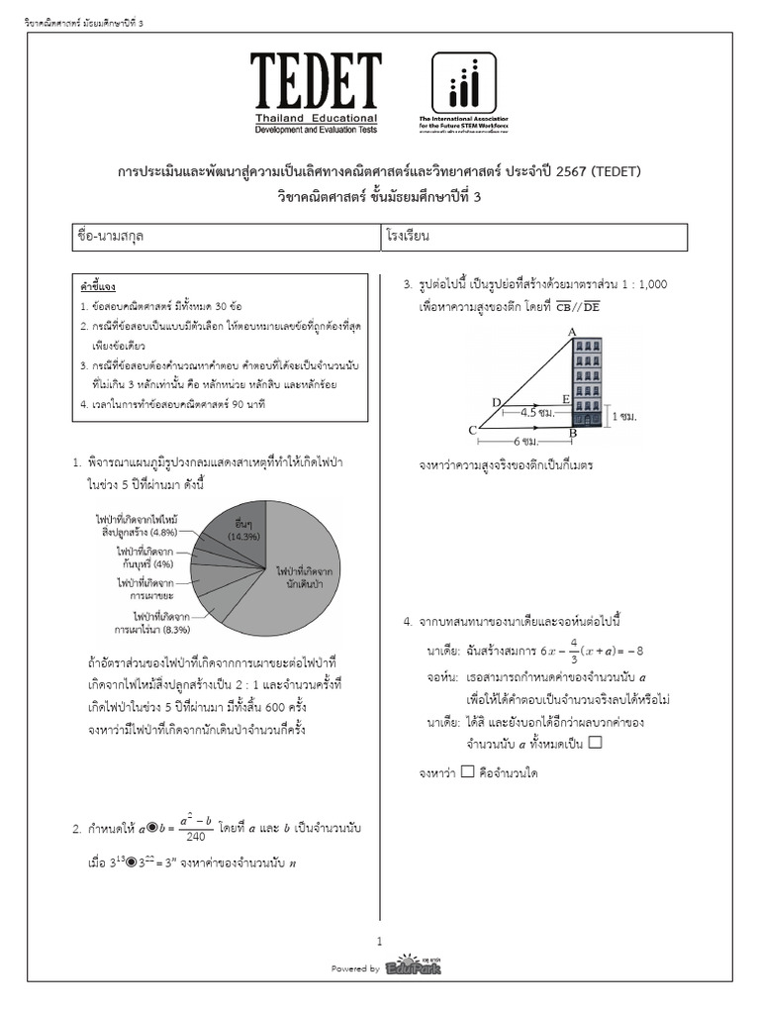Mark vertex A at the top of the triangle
click(572, 332)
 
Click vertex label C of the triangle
click(472, 430)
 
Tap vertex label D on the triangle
click(496, 401)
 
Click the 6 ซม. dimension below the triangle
click(527, 441)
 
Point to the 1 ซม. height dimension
click(622, 417)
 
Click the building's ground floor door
click(588, 422)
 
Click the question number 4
click(407, 621)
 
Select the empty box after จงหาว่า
click(467, 771)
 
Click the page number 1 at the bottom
click(379, 941)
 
